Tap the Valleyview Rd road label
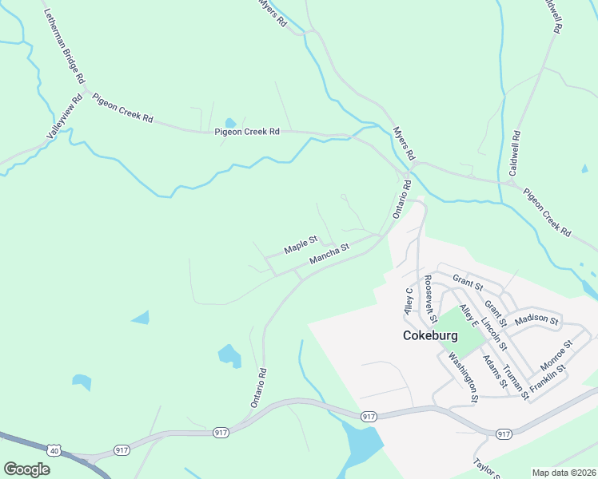66,118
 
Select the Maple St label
301,243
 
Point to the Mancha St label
329,255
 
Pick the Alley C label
409,300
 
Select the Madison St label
537,319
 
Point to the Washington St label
464,377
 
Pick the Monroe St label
556,354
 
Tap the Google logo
26,469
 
